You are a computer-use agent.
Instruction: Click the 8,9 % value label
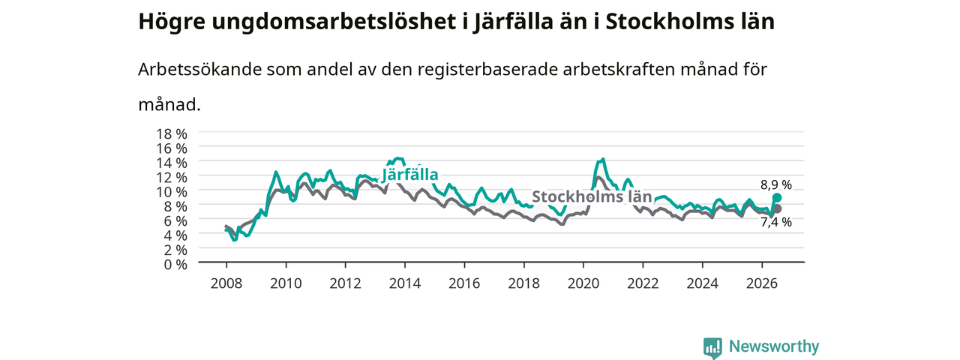point(776,184)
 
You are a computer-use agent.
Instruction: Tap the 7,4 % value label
point(776,222)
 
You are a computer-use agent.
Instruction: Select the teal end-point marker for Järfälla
point(777,197)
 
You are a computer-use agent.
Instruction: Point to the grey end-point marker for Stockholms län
point(777,208)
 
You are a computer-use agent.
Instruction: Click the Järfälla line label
point(410,175)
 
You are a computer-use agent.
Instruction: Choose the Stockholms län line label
point(592,196)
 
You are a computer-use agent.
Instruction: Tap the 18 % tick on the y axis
point(172,134)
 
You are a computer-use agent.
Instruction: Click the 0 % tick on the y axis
point(175,265)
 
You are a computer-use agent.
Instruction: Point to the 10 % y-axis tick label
point(172,192)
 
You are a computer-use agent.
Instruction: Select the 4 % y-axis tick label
point(175,235)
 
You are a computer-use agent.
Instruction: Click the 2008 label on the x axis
point(226,283)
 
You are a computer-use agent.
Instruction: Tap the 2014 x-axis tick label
point(404,283)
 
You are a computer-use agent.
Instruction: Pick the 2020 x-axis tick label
point(583,283)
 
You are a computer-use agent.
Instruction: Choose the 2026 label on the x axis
point(762,283)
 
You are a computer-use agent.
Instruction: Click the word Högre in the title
point(172,22)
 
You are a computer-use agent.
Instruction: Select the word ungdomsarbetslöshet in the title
point(334,22)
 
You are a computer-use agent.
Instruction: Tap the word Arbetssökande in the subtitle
point(199,70)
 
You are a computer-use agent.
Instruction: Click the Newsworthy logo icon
point(712,347)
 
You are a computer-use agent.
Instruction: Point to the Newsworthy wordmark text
point(774,346)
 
